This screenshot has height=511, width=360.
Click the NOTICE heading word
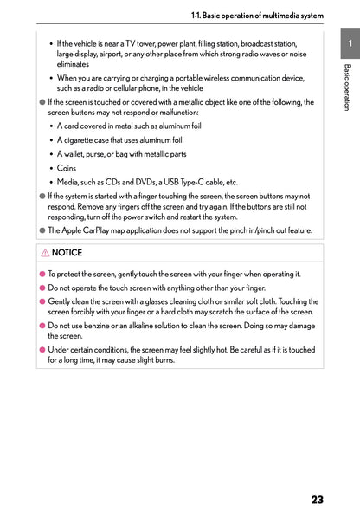point(67,253)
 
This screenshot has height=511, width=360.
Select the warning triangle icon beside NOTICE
point(44,253)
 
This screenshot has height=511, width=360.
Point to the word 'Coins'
point(67,168)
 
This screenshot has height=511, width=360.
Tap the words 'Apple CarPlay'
point(83,230)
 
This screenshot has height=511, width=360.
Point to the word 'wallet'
point(76,154)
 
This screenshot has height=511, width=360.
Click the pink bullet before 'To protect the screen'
point(41,275)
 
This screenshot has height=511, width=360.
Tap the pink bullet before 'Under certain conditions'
point(41,350)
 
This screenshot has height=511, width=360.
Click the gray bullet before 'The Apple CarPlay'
point(41,231)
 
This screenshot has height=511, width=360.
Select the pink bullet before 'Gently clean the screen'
point(41,301)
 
